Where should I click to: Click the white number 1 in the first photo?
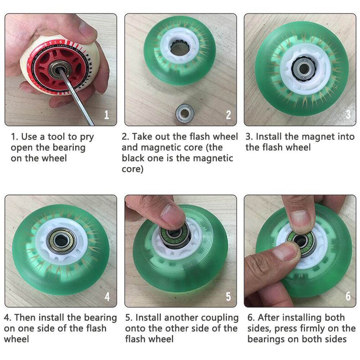106,115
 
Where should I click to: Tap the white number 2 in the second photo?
228,115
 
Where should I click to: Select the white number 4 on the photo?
107,296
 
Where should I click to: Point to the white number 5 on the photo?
228,296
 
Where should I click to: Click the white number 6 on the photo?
348,296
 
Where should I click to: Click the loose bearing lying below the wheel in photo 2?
184,113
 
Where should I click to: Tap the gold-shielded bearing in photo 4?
61,240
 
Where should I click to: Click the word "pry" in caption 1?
87,137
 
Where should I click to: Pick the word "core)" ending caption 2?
132,169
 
